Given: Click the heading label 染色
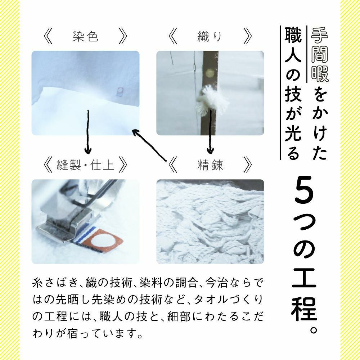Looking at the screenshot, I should click(85, 37).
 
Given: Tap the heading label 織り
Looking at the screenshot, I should click(210, 37).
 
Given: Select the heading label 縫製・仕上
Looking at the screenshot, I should click(85, 165).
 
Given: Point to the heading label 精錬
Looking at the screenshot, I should click(210, 165).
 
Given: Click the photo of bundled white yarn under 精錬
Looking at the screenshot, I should click(210, 221).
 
